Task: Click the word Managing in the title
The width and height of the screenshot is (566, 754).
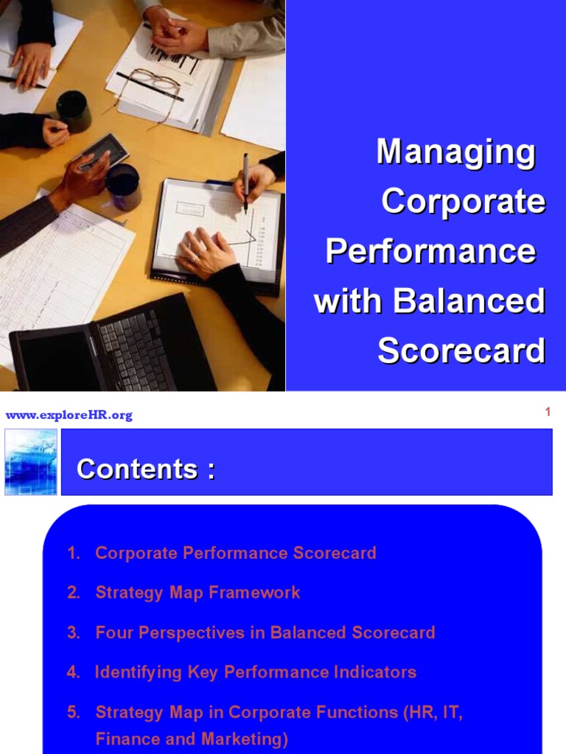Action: (x=455, y=152)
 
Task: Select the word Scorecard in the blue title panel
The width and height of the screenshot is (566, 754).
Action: (x=461, y=351)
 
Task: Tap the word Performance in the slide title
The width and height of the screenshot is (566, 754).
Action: (x=430, y=252)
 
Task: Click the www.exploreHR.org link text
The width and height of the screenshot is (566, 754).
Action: (x=69, y=415)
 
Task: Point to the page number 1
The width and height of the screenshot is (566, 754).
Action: (x=548, y=412)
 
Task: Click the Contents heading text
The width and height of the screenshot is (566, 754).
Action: (x=146, y=469)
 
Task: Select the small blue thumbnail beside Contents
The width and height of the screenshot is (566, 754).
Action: (x=31, y=462)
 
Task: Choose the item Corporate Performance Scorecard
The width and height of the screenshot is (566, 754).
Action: (x=236, y=553)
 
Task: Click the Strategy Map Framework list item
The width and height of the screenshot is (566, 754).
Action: (x=198, y=593)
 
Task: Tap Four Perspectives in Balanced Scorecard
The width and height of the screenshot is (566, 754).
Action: (x=265, y=633)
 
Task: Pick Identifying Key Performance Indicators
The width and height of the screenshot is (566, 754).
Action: (x=256, y=672)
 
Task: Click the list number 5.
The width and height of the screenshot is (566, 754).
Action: (x=73, y=712)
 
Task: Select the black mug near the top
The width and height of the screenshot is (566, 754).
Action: (x=74, y=111)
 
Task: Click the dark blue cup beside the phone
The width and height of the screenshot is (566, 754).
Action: (x=123, y=186)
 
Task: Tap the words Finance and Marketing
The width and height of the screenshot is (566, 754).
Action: (x=192, y=739)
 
